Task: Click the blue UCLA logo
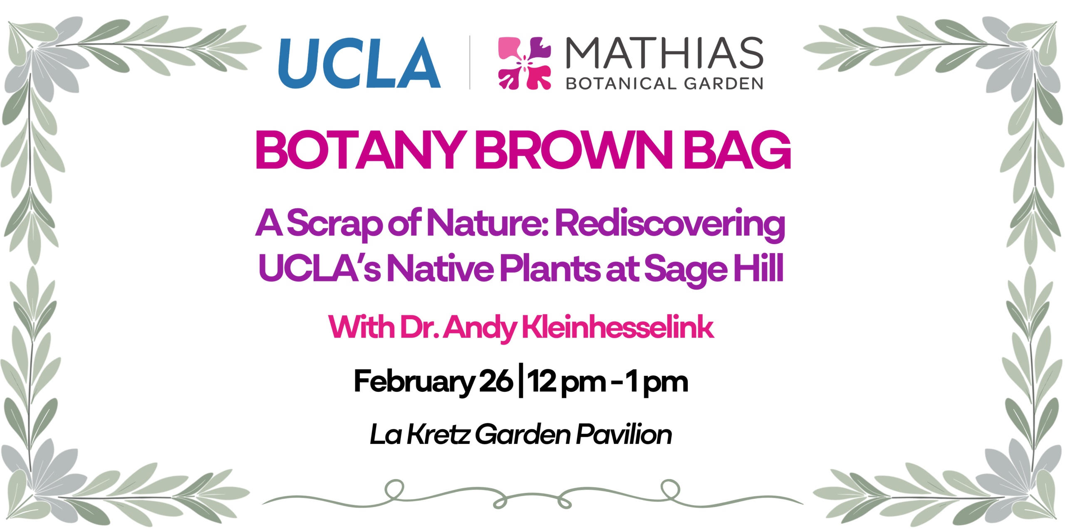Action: coord(359,63)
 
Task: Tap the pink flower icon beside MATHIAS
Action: coord(525,63)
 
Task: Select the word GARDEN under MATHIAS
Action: coord(723,84)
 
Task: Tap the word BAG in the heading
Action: coord(738,150)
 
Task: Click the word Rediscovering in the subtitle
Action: coord(670,225)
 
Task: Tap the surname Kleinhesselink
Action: coord(618,327)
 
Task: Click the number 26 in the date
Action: coord(496,381)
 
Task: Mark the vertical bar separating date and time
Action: coord(521,381)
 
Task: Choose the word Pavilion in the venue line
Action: coord(624,434)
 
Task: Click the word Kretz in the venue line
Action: coord(438,434)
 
